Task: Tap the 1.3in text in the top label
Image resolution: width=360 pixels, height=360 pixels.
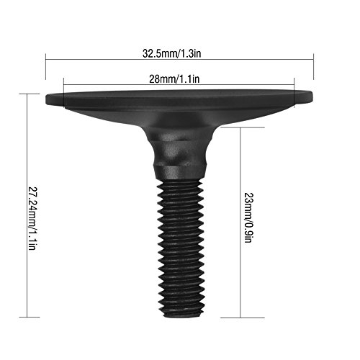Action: pos(193,53)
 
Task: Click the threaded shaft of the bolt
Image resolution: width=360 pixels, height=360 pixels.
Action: pos(180,245)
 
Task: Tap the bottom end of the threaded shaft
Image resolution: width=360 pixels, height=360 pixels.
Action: pos(180,314)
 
